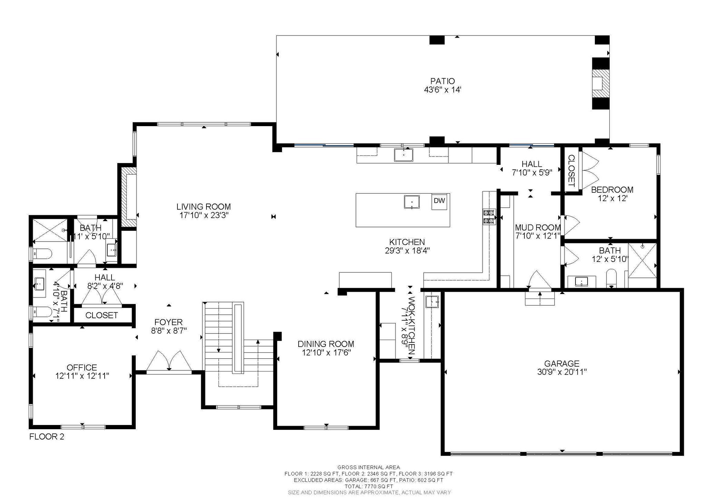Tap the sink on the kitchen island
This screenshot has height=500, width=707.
(x=412, y=202)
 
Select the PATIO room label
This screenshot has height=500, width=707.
(x=443, y=81)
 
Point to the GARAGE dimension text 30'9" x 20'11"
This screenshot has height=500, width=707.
(x=562, y=372)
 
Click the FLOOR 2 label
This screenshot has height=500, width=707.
(x=47, y=436)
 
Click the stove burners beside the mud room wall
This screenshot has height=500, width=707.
(x=489, y=217)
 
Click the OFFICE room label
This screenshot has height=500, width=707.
(x=82, y=367)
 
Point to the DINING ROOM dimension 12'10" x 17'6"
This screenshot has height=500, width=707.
(x=326, y=352)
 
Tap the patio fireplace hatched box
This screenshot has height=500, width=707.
(x=601, y=84)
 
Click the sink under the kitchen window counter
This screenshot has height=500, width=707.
(x=404, y=155)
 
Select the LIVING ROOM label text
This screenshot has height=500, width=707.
(x=204, y=207)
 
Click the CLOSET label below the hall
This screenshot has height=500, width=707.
(x=101, y=315)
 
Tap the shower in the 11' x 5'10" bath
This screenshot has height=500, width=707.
(x=50, y=230)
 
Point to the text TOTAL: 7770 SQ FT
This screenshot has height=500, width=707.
(x=368, y=486)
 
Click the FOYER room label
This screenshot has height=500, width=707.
(x=169, y=322)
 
